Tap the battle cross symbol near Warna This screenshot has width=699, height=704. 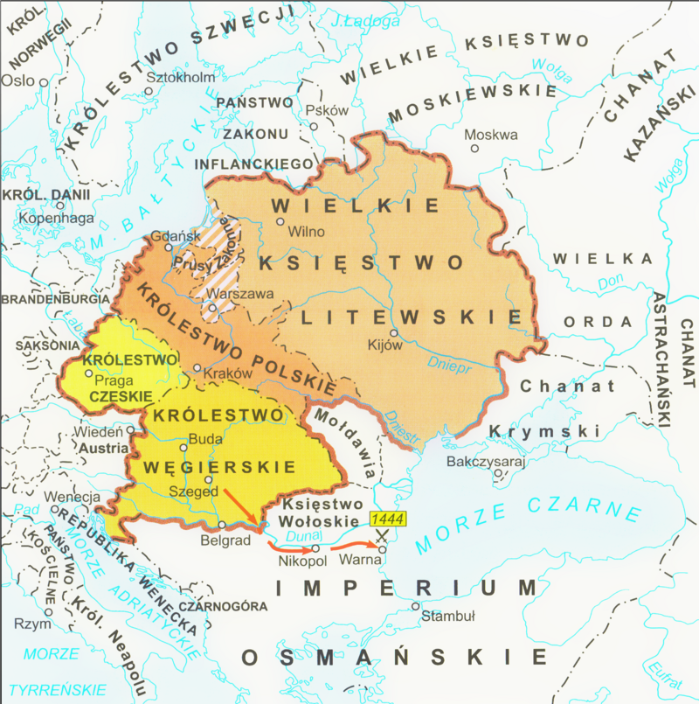pos(381,536)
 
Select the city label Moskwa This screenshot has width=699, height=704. pos(490,135)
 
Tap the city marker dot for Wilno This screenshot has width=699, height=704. pos(280,222)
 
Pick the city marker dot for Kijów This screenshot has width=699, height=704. pos(394,333)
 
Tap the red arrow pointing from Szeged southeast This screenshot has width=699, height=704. pos(242,507)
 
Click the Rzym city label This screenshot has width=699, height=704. pos(31,624)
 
